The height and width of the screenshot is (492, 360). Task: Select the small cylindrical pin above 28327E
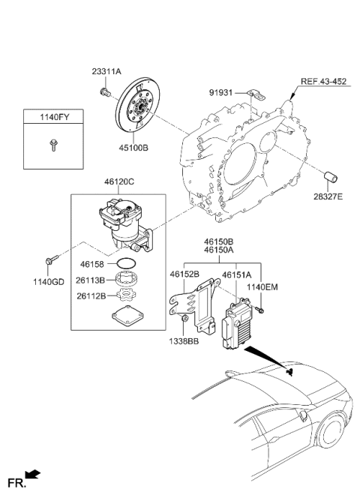coord(332,178)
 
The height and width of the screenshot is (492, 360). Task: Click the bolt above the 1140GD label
coord(49,260)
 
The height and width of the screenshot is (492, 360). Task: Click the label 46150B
coord(217,243)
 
